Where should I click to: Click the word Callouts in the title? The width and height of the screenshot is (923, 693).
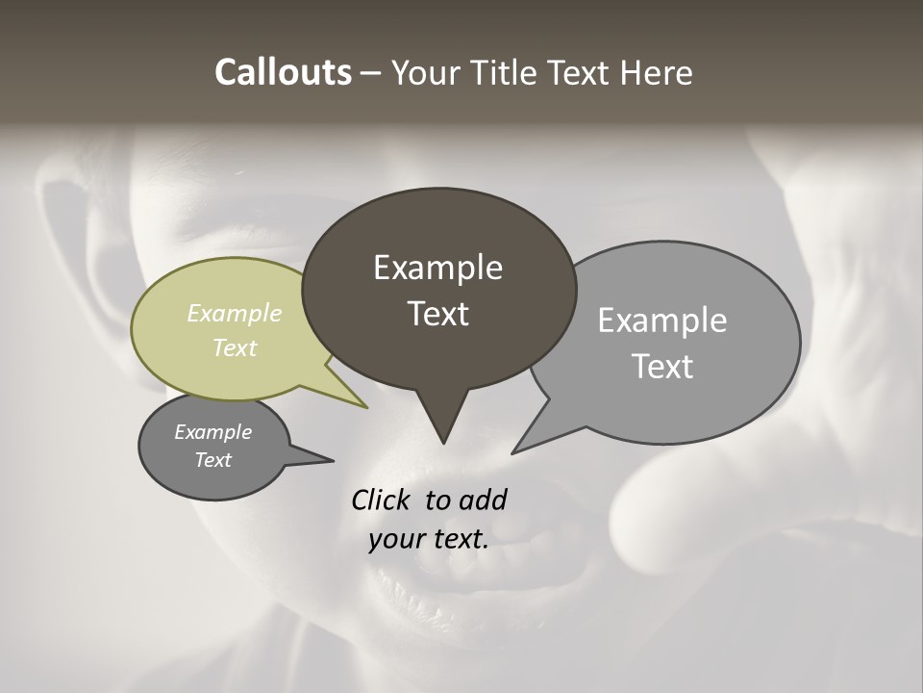pos(283,73)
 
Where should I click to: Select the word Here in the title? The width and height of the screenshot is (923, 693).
pos(659,73)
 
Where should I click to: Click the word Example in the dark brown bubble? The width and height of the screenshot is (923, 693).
pos(437,268)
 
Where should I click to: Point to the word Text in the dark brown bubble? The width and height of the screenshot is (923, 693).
pos(438,314)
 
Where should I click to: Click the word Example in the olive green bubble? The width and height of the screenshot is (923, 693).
pos(235,313)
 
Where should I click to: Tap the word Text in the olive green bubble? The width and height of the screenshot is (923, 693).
pos(235,347)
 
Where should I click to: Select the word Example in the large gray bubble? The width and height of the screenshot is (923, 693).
pos(662,321)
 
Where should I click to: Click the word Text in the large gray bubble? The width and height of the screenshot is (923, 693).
pos(663,367)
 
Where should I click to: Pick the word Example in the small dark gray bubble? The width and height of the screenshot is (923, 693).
pos(213,432)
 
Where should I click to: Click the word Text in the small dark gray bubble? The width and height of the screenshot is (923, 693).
pos(213,460)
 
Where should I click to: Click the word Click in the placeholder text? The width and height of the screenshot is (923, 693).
pos(383,500)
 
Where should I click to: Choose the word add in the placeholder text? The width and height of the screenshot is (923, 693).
pos(483,500)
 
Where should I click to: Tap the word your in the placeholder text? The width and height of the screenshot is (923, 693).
pos(395,539)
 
